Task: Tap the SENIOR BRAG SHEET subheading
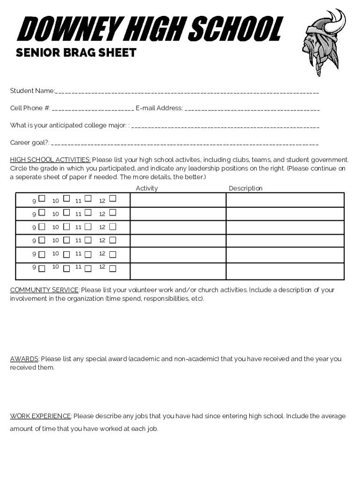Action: click(x=76, y=53)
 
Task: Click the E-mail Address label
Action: click(x=159, y=109)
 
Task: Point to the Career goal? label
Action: click(x=30, y=143)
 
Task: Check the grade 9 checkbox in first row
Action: click(x=42, y=199)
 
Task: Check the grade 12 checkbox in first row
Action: click(x=112, y=199)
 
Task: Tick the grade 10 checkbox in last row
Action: click(x=66, y=269)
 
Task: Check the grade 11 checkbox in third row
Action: click(x=88, y=226)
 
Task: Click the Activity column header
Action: click(x=147, y=189)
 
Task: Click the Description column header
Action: click(x=245, y=189)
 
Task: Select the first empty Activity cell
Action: click(x=178, y=200)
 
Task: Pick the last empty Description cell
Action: click(x=285, y=271)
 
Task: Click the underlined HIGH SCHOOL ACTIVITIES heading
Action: click(x=50, y=160)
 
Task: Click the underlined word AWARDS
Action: click(x=24, y=359)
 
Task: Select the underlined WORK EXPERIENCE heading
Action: click(x=41, y=416)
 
